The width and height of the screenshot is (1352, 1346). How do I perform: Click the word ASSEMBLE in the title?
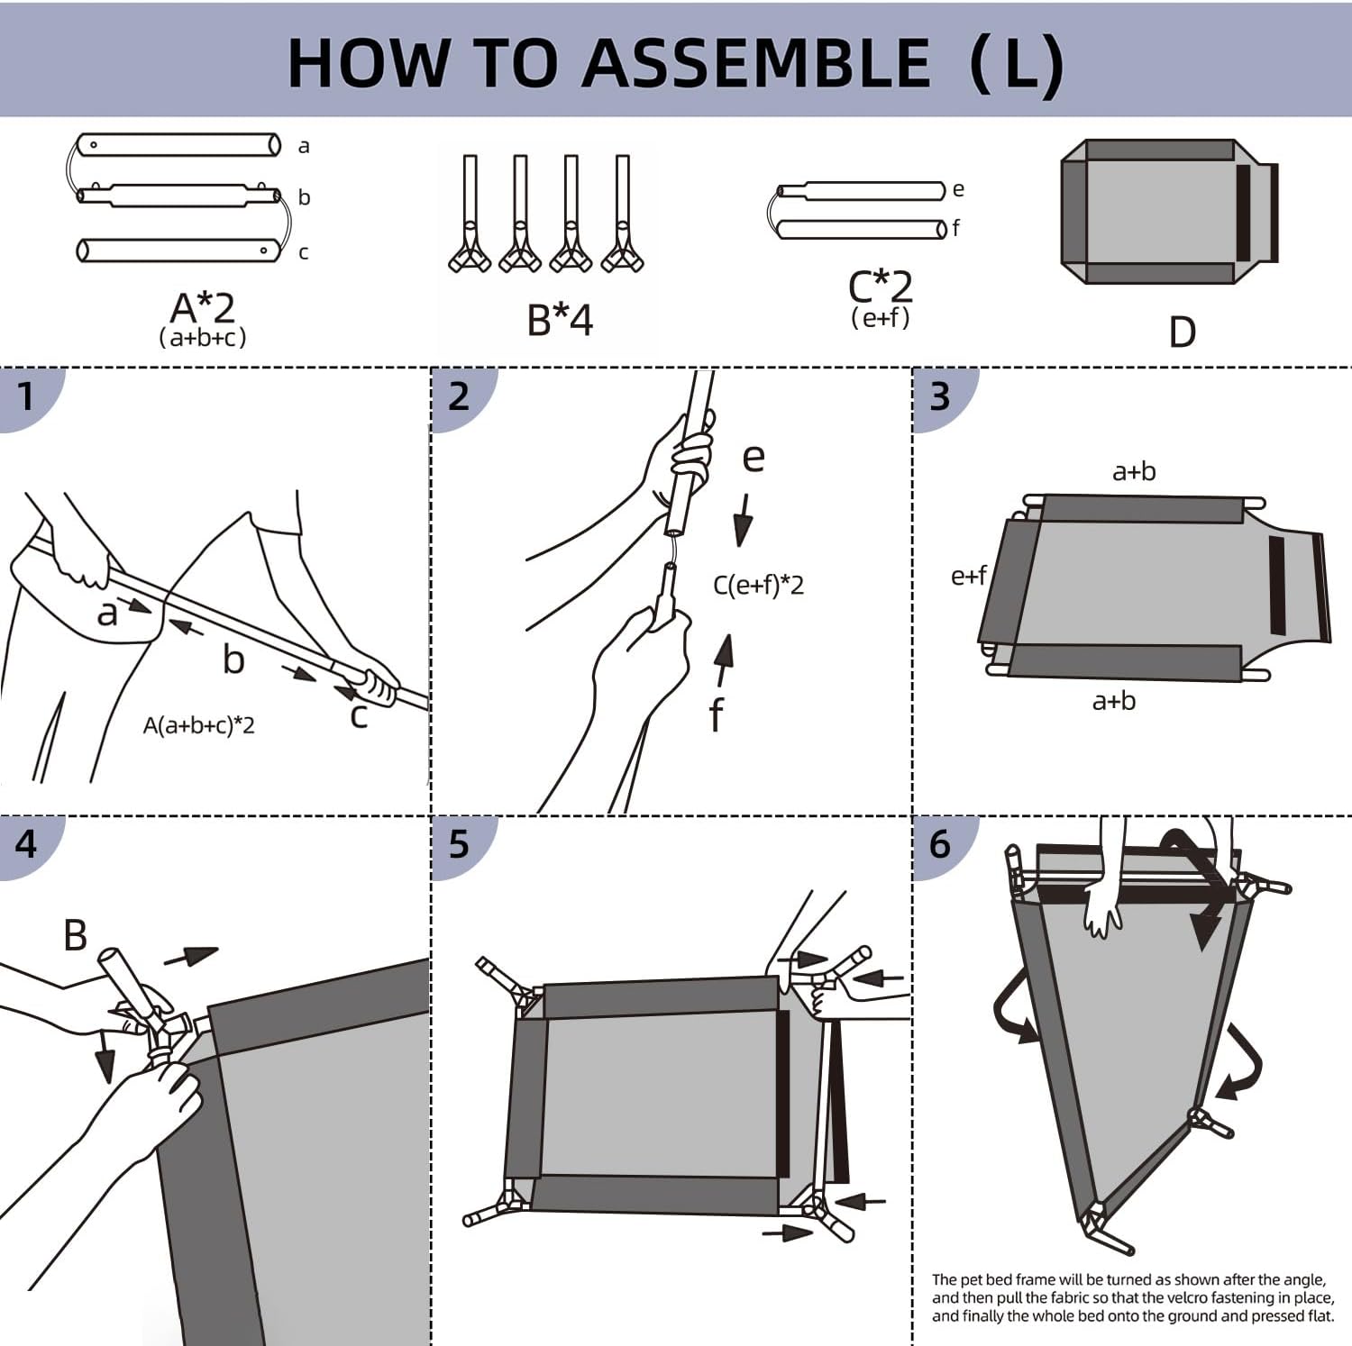pos(756,63)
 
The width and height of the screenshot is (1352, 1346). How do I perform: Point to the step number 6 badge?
pos(939,844)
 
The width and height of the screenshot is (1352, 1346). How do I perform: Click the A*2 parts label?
pos(203,308)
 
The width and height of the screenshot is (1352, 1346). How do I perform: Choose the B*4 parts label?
pos(560,320)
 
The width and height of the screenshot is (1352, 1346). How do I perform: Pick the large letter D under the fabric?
pos(1182,332)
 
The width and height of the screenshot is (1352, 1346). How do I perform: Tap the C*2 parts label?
pos(881,287)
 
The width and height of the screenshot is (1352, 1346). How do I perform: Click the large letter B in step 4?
pos(76,935)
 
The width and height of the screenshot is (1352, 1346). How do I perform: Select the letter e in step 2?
pos(754,458)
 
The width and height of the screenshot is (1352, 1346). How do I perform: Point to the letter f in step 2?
pos(716,716)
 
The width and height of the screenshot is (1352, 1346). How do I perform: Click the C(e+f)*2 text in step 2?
pos(758,586)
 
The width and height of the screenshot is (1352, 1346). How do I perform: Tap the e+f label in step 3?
pos(969,576)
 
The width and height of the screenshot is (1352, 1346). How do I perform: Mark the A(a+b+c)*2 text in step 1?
pos(198,725)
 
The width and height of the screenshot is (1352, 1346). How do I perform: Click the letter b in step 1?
pos(233,660)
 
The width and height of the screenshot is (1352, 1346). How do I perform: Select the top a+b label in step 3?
pos(1134,471)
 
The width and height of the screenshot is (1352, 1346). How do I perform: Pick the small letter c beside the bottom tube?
pos(303,252)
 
